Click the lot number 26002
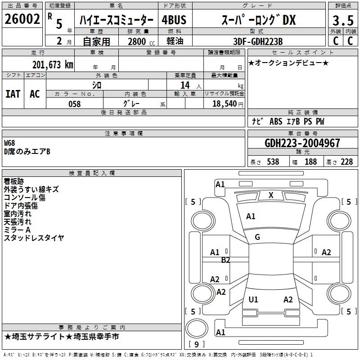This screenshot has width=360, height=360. pos(22,20)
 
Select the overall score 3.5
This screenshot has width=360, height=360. pos(342,20)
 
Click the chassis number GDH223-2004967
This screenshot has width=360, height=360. pos(302,143)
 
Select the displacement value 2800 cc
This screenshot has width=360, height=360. pos(137,41)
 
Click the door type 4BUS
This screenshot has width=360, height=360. pos(174,20)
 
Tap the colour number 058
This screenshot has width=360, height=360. pos(74,104)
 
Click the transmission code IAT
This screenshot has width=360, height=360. pos(13,94)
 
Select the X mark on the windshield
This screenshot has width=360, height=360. pos(271,195)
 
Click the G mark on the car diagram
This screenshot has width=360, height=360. pos(257,237)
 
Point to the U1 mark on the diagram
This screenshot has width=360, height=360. pos(253,300)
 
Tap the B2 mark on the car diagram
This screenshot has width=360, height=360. pos(226,260)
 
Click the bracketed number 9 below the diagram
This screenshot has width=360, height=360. pos(196,345)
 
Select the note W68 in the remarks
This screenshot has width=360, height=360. pos(9,143)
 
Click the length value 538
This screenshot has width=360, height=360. pos(273,162)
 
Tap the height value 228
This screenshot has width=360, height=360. pos(346,162)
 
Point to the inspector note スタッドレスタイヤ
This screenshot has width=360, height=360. pos(34,238)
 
